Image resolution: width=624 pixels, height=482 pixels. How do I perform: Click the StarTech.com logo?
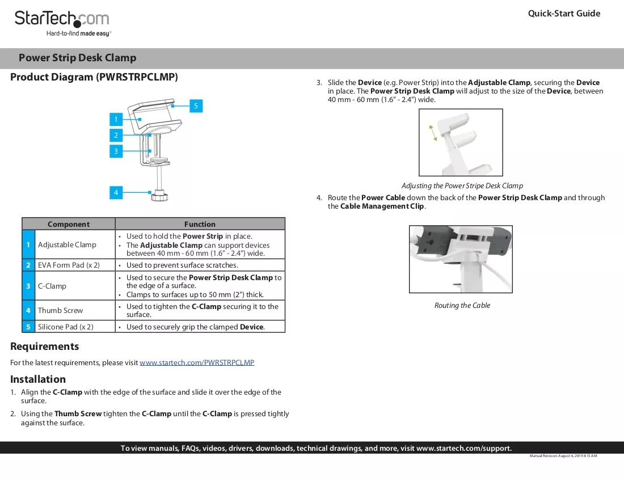point(62,23)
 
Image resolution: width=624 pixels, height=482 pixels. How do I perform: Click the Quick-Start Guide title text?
point(564,14)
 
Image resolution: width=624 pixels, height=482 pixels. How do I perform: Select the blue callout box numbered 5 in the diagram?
point(196,106)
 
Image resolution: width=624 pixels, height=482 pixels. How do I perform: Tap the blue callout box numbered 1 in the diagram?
point(116,119)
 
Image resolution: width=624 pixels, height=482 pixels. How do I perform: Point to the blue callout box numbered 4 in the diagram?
point(116,192)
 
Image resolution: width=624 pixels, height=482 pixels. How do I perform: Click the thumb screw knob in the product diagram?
point(159,196)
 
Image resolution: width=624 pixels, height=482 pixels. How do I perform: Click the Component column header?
point(69,224)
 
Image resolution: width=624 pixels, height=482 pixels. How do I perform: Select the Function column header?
point(200,224)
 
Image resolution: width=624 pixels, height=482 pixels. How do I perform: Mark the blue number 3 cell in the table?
point(28,286)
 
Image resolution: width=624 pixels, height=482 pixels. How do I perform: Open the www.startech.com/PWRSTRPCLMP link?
point(197,363)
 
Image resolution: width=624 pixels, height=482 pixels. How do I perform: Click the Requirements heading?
point(45,346)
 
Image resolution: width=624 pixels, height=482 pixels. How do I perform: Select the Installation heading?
point(38,379)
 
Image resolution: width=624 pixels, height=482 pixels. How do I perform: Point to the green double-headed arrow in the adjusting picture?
point(433,133)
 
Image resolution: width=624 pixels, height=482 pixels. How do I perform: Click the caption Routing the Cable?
point(462,306)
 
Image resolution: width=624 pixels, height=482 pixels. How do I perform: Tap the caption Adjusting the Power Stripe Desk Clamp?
point(462,186)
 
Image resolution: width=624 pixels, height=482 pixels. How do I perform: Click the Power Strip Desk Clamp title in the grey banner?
point(78,58)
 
